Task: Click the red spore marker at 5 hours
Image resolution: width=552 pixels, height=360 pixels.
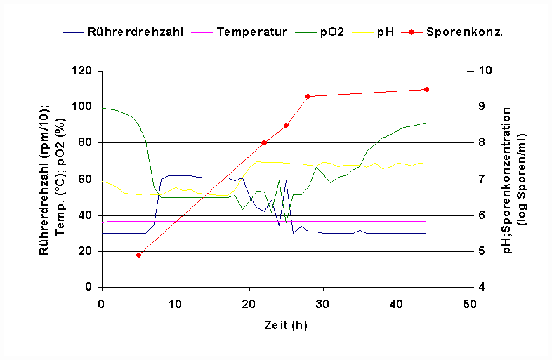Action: [138, 255]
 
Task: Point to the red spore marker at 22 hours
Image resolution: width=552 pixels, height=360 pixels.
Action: [264, 142]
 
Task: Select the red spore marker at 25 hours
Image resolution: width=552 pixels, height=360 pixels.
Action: [286, 125]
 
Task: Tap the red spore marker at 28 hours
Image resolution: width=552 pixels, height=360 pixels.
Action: [308, 96]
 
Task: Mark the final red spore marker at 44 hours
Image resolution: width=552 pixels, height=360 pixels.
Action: [426, 89]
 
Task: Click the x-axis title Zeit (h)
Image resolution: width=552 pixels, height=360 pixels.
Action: [286, 325]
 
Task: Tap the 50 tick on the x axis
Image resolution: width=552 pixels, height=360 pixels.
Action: [470, 304]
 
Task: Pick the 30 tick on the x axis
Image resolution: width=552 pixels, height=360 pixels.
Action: [323, 304]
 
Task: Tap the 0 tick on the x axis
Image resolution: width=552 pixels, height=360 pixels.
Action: [102, 304]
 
